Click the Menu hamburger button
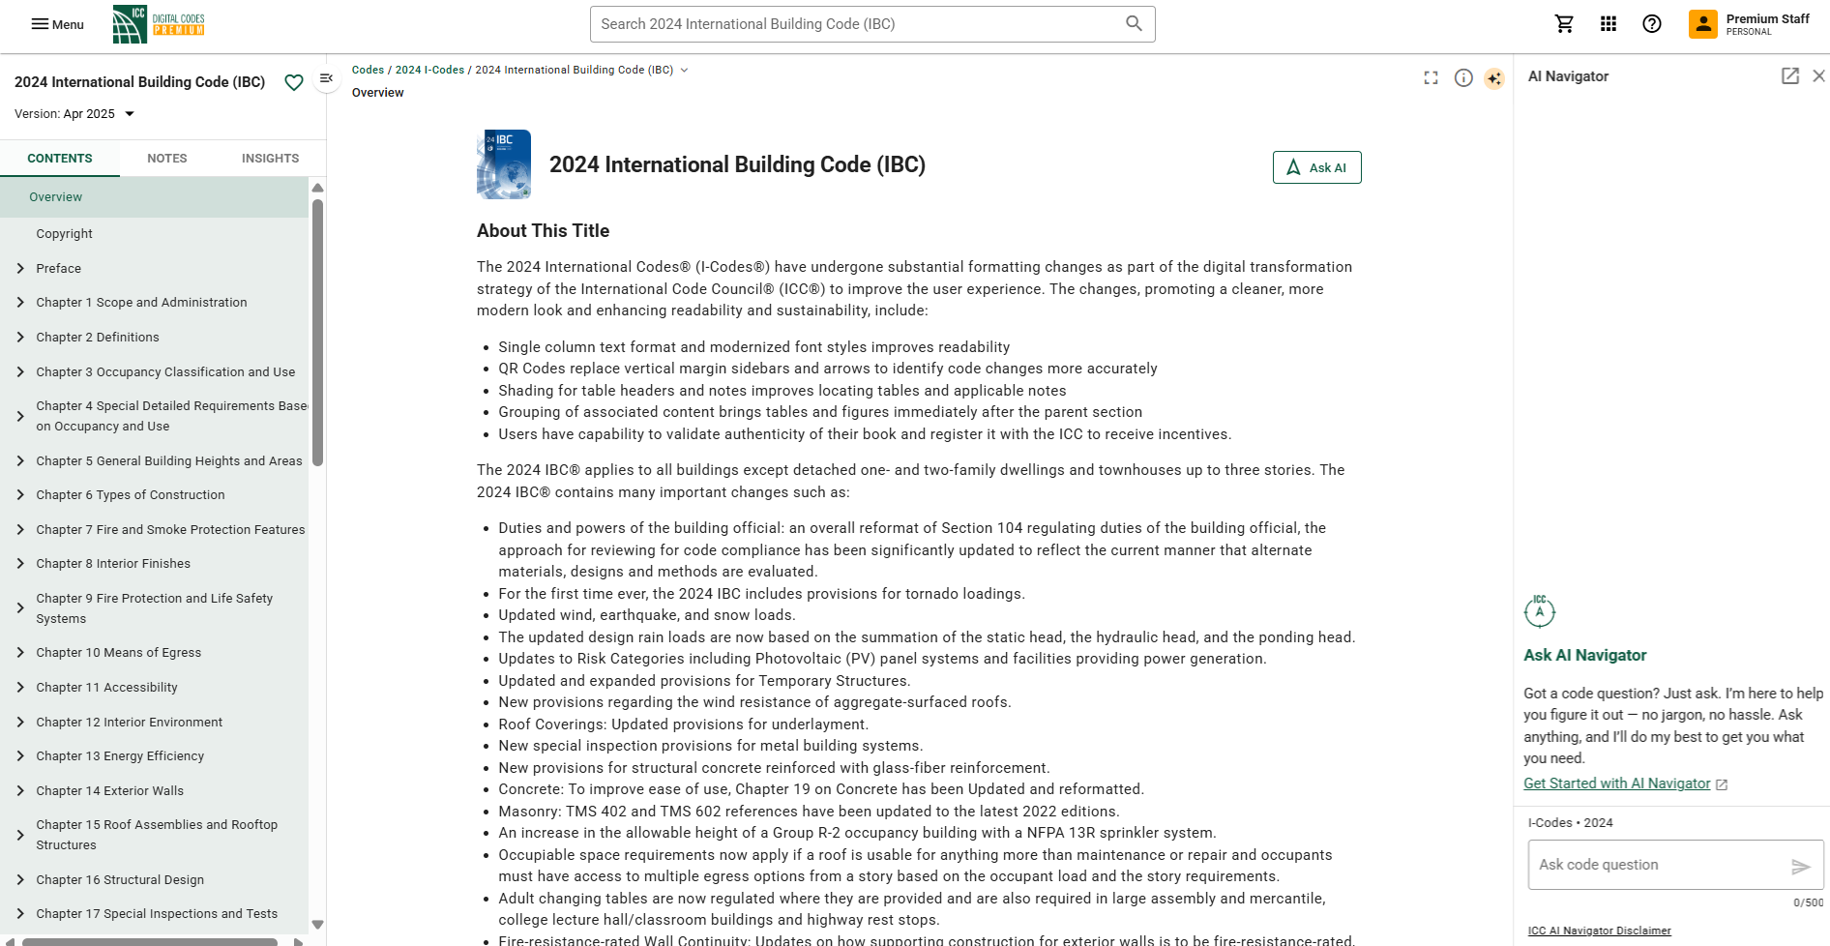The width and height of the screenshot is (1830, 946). tap(57, 24)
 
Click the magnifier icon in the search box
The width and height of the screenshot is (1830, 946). tap(1134, 23)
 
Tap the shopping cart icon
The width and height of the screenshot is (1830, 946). tap(1564, 24)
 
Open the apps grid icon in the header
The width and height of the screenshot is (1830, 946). tap(1608, 24)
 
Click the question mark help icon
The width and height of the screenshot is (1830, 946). tap(1651, 24)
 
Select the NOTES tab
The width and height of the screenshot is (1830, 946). tap(166, 158)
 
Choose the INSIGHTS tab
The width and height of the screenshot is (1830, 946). tap(270, 158)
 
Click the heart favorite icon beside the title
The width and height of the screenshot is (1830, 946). tap(294, 82)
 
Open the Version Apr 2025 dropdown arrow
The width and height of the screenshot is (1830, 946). tap(130, 114)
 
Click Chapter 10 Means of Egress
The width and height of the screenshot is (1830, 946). tap(118, 653)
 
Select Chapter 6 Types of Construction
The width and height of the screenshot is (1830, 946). tap(130, 495)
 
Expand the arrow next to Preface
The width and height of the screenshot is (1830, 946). tap(20, 269)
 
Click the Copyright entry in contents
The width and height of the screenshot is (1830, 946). tap(64, 234)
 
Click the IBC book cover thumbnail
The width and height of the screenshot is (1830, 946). tap(504, 164)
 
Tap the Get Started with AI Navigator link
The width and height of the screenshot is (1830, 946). tap(1616, 783)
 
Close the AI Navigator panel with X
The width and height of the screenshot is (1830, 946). tap(1818, 75)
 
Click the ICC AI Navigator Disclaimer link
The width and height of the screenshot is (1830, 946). tap(1599, 931)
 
